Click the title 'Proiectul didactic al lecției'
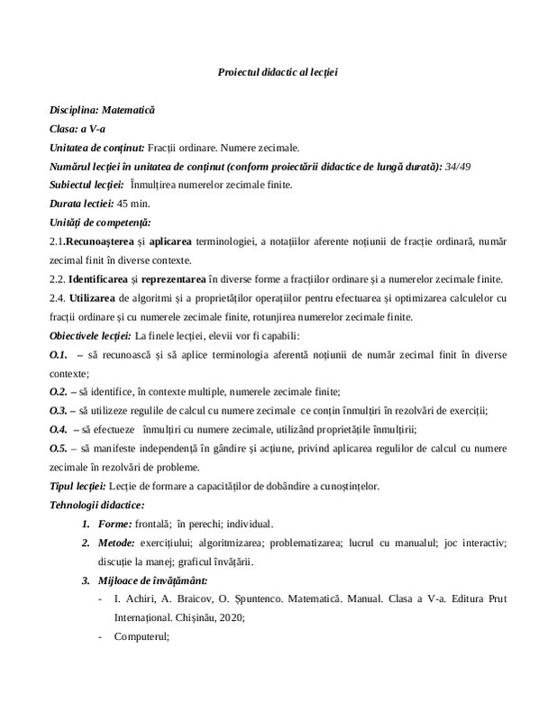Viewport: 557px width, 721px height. coord(278,71)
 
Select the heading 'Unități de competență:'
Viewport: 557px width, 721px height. coord(99,222)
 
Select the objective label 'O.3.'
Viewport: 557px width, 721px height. coord(59,409)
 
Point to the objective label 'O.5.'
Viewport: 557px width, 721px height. coord(59,448)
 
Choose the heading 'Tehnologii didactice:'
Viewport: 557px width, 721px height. coord(97,505)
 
